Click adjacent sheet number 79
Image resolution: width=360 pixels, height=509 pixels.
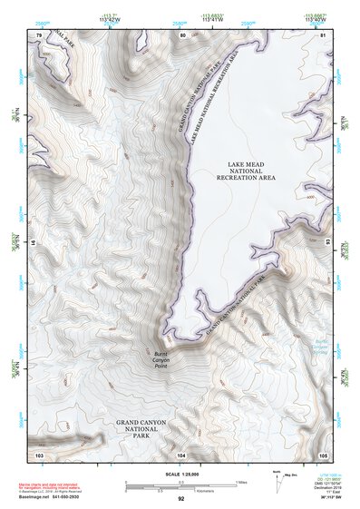[x=39, y=34]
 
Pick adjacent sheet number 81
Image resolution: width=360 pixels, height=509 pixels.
[x=324, y=34]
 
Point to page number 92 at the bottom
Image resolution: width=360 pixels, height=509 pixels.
[x=181, y=500]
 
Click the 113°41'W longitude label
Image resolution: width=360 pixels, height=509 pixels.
[x=212, y=19]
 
